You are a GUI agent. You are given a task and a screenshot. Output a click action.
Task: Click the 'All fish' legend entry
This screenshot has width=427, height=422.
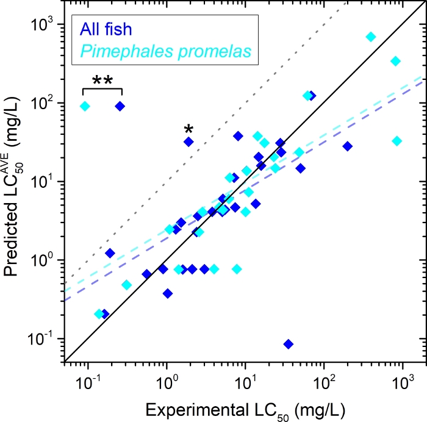[x=104, y=29]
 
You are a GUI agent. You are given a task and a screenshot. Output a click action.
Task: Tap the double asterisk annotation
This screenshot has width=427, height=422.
[x=102, y=82]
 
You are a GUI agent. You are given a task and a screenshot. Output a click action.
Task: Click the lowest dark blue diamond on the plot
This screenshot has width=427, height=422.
[x=289, y=344]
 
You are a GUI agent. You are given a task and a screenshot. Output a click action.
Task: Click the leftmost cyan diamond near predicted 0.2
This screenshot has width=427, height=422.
[x=99, y=314]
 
